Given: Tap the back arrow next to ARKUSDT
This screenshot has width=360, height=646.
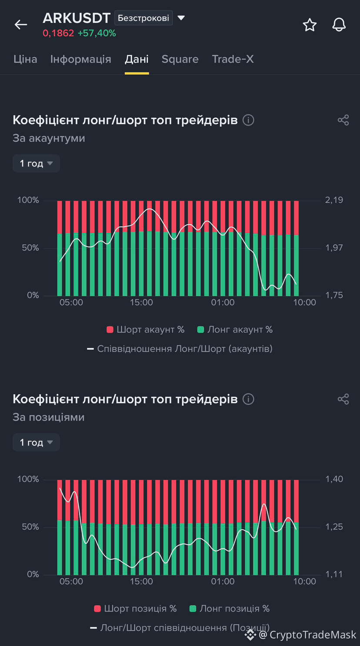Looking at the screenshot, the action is [21, 24].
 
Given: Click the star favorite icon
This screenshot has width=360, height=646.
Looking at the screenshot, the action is [310, 24].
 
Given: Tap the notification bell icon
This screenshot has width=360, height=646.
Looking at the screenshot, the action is [339, 24].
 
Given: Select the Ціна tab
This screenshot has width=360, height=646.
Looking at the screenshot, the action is [25, 59].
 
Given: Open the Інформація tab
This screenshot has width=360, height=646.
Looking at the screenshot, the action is [81, 59].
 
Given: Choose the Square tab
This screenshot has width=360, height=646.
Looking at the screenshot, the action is [180, 59].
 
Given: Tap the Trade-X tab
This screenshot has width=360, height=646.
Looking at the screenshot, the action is [233, 59].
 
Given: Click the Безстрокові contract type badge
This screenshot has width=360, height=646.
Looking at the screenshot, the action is [143, 18].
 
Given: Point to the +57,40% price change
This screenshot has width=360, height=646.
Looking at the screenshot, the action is [97, 33].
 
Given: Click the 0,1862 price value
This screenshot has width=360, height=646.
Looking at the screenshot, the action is [58, 33].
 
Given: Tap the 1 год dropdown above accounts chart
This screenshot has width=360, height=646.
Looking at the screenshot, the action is [36, 163].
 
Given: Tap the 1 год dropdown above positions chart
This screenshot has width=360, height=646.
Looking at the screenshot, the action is [36, 442].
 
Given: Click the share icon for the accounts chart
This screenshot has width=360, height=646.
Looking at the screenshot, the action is [343, 120].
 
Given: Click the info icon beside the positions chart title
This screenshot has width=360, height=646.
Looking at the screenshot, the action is [248, 399].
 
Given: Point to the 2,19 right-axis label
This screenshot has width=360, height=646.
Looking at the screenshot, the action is [334, 200].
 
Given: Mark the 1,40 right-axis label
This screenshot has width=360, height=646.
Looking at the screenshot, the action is [334, 479].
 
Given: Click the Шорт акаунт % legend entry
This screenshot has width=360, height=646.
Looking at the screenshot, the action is [145, 330].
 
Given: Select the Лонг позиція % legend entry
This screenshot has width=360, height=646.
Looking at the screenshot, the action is [229, 609].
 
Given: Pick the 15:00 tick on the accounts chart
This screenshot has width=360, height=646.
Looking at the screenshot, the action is [141, 302].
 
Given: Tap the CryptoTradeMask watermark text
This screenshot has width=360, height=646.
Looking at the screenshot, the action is [313, 635].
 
